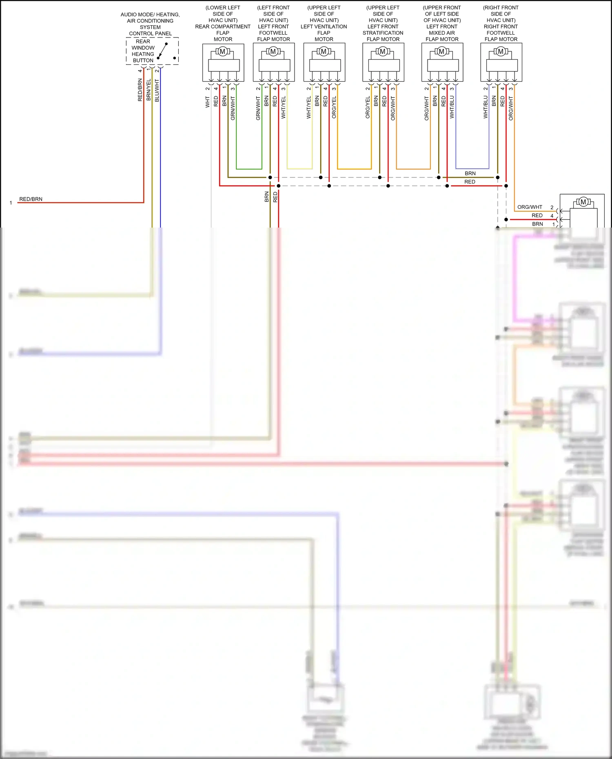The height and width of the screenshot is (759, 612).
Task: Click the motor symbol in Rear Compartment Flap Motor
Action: point(222,51)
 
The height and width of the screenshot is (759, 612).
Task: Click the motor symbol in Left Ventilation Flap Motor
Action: point(324,51)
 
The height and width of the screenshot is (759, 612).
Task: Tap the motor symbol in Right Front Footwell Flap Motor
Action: point(501,51)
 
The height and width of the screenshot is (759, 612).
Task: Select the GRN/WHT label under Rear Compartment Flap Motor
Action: point(233,108)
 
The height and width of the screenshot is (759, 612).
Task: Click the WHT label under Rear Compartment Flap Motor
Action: point(207,102)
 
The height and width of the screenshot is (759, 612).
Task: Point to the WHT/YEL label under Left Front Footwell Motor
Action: point(284,108)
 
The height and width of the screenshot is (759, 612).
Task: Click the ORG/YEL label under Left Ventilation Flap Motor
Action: point(334,108)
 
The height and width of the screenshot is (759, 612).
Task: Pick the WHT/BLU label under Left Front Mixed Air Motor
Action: point(452,107)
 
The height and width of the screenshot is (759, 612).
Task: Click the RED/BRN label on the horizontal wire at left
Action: point(31,199)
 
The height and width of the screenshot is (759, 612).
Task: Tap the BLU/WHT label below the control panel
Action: point(157,91)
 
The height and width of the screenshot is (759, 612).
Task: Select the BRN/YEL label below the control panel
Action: point(149,90)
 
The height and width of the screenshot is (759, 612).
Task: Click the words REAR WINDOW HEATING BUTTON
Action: point(143,51)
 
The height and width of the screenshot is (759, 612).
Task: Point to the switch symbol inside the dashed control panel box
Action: point(163,51)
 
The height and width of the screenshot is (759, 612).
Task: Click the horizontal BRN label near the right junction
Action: point(470,173)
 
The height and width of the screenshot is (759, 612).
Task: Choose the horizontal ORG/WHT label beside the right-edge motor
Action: point(530,207)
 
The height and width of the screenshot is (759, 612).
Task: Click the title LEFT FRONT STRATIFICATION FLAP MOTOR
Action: point(383,33)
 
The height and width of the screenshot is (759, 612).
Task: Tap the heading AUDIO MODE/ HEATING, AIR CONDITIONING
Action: point(150,18)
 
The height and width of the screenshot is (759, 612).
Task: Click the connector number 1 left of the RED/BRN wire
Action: point(11,203)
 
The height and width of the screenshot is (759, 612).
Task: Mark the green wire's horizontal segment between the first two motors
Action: point(249,169)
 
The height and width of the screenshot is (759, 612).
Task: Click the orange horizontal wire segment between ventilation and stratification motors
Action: point(354,169)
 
